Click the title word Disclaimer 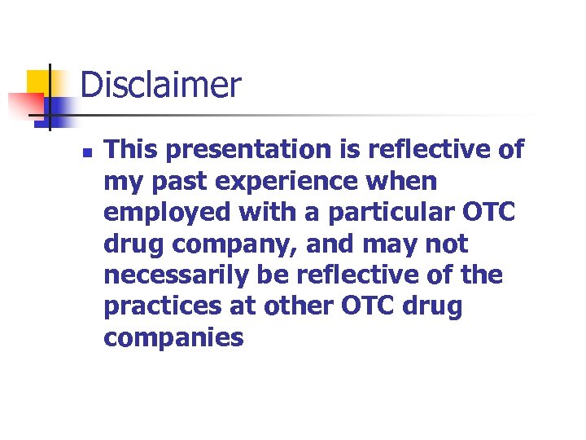coord(160,85)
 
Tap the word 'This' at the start coord(130,149)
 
